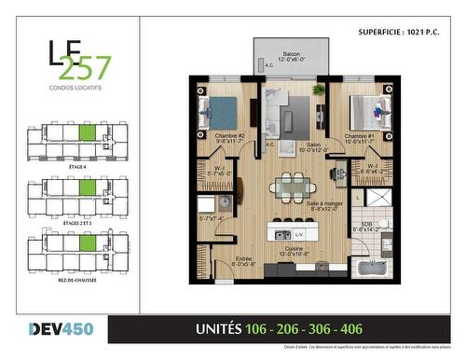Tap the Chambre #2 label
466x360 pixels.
point(228,137)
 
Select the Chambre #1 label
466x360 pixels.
point(359,137)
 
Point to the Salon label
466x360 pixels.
point(288,145)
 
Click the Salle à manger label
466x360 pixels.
point(323,205)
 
